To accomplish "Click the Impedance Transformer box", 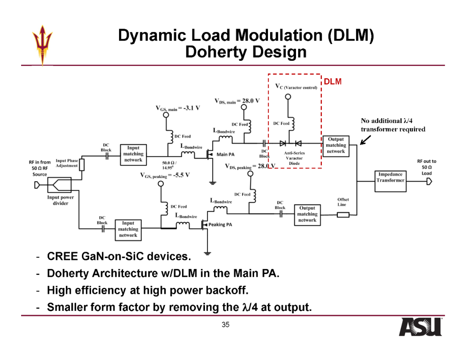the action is coord(390,181).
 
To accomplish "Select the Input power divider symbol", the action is coord(59,185).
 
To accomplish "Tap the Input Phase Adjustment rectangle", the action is coord(82,165).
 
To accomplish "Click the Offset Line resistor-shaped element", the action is coord(343,215).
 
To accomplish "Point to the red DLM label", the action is coord(333,82).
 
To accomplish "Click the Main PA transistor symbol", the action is coord(210,154).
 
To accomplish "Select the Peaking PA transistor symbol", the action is coord(205,224).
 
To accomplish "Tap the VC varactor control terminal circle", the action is coord(288,97).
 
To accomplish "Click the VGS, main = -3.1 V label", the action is coord(178,108).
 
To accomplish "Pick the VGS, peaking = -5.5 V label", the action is coord(165,175).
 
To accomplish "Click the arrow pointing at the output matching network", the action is coord(365,140).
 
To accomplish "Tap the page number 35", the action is coord(226,325).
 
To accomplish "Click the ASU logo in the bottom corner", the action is coord(420,327).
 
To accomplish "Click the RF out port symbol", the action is coord(429,181).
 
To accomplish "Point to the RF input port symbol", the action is coord(37,185).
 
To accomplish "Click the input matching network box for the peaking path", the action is coord(128,230).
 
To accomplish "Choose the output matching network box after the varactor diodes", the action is coord(336,146).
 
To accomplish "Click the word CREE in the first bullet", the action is coord(62,256).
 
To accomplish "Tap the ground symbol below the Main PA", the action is coord(212,183).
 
